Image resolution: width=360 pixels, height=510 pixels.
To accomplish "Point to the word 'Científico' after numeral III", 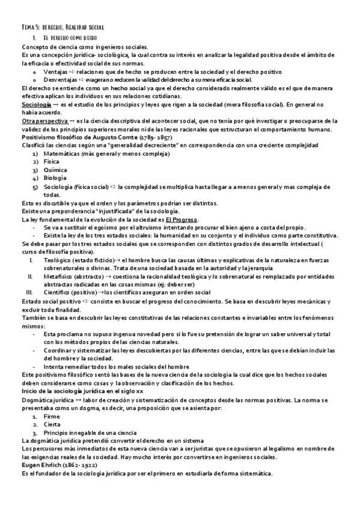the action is point(58,292).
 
